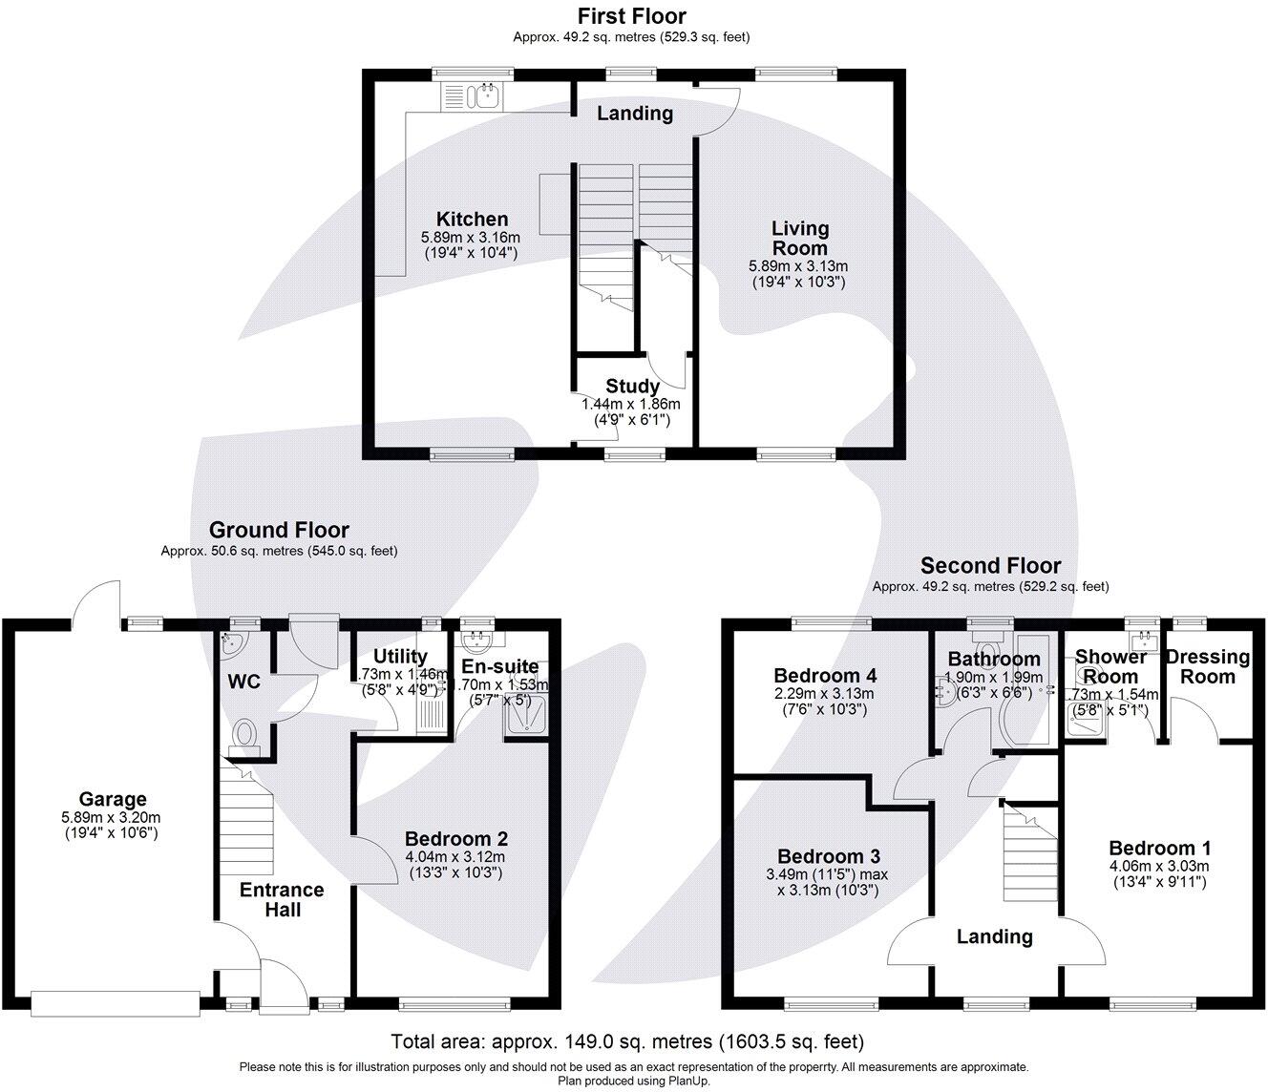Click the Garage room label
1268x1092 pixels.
point(113,799)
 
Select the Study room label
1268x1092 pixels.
point(632,386)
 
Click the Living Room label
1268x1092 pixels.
point(799,238)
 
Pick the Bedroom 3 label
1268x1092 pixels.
point(828,856)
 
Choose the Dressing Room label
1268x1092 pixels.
point(1208,666)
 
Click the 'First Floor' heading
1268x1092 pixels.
point(631,16)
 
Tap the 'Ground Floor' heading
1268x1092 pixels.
point(279,530)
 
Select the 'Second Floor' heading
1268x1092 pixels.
point(990,565)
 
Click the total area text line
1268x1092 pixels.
point(627,1040)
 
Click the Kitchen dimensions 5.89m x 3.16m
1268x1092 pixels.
point(471,238)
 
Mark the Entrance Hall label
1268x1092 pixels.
point(282,899)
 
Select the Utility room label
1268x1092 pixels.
point(400,656)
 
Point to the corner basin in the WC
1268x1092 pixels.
point(231,643)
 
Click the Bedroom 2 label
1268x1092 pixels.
point(455,839)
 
